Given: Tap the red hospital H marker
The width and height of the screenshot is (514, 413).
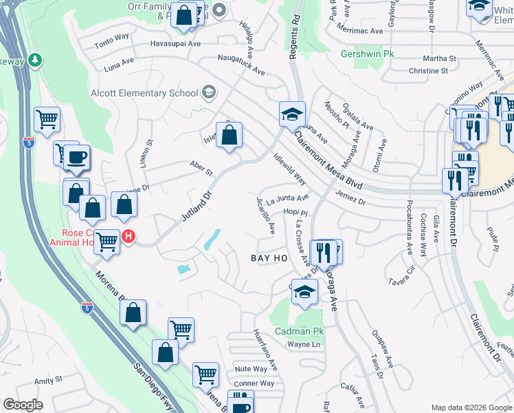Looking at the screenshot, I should point(128,237).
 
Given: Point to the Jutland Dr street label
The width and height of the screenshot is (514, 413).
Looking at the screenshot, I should point(193,205).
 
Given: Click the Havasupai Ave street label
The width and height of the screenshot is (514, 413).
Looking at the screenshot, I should point(175,43).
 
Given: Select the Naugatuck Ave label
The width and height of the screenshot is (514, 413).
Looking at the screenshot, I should point(241,65).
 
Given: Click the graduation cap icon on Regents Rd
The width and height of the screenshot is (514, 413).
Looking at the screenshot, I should point(292,113).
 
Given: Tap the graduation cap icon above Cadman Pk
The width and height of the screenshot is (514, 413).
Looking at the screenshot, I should point(305,291).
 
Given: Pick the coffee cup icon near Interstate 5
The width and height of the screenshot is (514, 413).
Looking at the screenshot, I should point(76,157).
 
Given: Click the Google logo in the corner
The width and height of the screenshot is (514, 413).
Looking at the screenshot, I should point(23,405).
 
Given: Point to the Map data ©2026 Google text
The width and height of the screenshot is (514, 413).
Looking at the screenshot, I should point(471,407).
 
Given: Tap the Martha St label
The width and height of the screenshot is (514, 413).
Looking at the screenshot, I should point(432,59).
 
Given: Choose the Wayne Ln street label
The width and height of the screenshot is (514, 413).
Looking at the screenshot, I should point(304,344).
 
